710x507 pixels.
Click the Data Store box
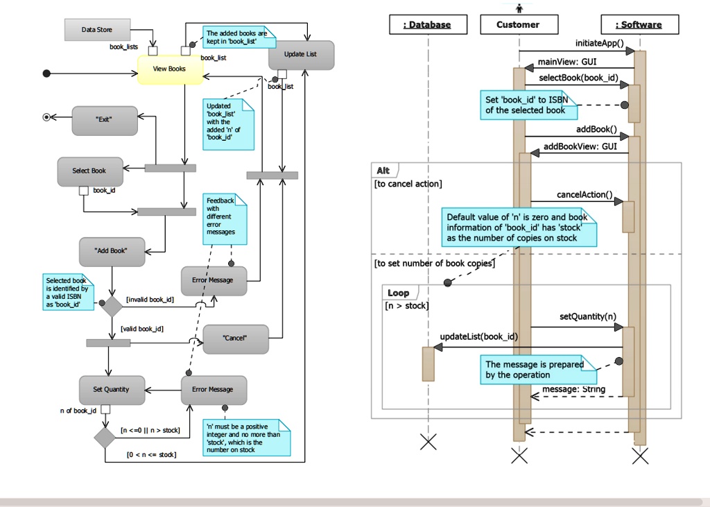pos(97,30)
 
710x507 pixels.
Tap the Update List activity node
pos(301,55)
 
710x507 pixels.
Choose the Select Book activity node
pos(90,171)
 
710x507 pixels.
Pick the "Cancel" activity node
pos(235,338)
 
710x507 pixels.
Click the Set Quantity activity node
pos(112,390)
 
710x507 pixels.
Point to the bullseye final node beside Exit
pos(46,117)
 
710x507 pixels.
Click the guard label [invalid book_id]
pos(150,300)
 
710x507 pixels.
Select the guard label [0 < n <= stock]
pos(150,455)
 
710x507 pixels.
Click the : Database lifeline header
pos(427,25)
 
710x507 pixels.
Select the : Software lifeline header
pos(639,25)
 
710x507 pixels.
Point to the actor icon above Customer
pos(519,8)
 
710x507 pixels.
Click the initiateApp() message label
pos(600,42)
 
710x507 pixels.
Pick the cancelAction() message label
pos(585,195)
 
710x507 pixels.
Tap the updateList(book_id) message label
pos(479,337)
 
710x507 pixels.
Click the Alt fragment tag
pos(383,171)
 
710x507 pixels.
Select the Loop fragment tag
pos(398,293)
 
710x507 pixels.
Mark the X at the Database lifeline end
pos(428,441)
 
